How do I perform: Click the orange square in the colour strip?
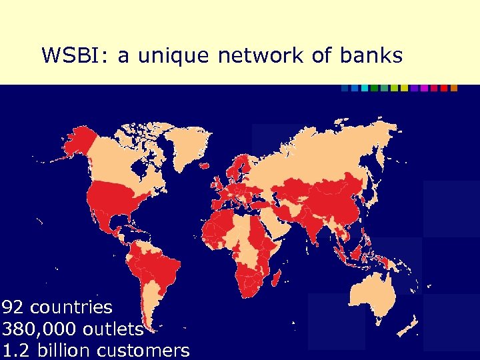tap(454, 88)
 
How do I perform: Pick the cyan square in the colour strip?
tap(365, 88)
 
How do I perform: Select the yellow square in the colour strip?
tap(404, 88)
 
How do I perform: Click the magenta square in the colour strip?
tap(424, 88)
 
